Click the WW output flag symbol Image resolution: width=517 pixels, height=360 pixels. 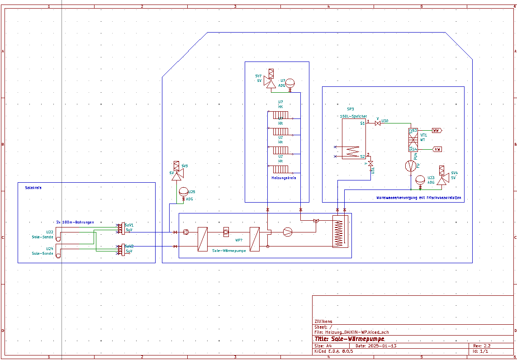click(x=436, y=131)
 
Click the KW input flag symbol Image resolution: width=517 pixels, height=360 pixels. click(x=437, y=149)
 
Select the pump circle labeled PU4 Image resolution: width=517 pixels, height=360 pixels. click(x=411, y=166)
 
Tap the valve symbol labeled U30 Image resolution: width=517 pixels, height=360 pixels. click(x=378, y=123)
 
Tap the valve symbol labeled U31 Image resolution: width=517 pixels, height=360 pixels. click(x=371, y=163)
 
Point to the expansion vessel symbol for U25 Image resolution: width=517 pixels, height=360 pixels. click(x=183, y=192)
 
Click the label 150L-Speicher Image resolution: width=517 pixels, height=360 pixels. click(x=353, y=116)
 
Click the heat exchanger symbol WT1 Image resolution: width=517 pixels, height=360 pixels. click(x=413, y=140)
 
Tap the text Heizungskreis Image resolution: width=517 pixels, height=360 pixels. click(x=284, y=178)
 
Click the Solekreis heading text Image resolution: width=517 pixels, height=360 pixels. click(x=33, y=187)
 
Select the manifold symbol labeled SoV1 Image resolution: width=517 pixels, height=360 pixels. click(x=121, y=229)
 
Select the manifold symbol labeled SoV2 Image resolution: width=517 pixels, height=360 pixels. click(x=121, y=250)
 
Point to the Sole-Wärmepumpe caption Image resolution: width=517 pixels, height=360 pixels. click(x=229, y=251)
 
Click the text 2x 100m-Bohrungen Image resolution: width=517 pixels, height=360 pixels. click(x=75, y=222)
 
